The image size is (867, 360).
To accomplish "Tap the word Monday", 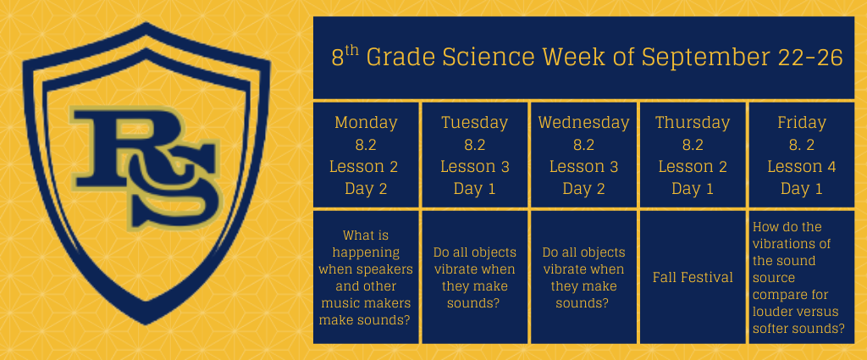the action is [366, 123].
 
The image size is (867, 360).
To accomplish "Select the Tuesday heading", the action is [474, 123].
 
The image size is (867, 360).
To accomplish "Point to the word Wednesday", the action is [583, 123].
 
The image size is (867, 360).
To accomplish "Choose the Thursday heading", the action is [693, 123].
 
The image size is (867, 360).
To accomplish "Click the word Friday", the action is [801, 123].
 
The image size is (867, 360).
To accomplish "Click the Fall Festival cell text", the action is [693, 277].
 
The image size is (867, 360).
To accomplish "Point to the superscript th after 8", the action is [352, 52].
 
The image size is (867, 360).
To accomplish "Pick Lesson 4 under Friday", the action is [801, 167].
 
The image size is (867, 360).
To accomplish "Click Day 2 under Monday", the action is [366, 189].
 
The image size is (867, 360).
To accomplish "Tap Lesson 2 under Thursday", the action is [693, 167].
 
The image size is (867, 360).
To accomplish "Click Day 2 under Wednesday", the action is [583, 189].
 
